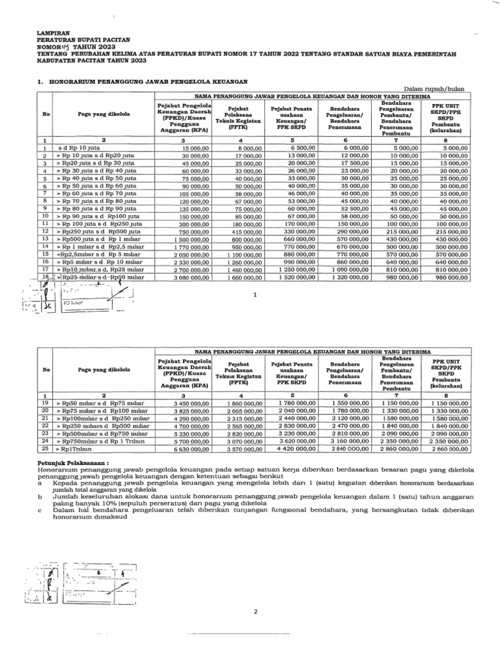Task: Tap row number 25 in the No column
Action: click(x=45, y=448)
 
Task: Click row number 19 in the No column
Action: click(x=45, y=403)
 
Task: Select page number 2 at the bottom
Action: click(x=255, y=612)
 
